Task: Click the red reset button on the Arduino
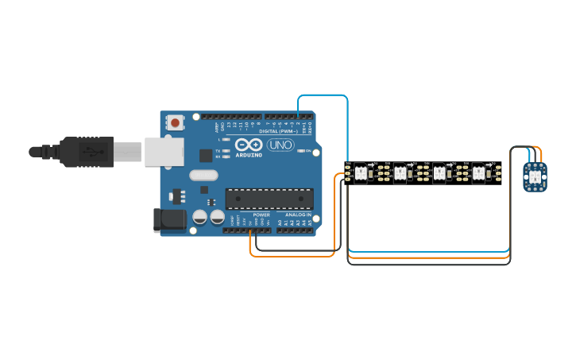click(175, 122)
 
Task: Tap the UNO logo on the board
click(280, 145)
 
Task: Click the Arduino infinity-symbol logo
click(248, 145)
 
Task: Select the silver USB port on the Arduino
click(164, 150)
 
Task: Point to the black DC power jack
click(169, 220)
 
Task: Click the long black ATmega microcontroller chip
click(269, 199)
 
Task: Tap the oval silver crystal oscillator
click(203, 176)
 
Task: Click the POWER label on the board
click(261, 215)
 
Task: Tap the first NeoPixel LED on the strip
click(361, 172)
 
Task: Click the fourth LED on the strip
click(478, 172)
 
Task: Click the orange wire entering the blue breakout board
click(539, 154)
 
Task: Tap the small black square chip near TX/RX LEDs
click(206, 155)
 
